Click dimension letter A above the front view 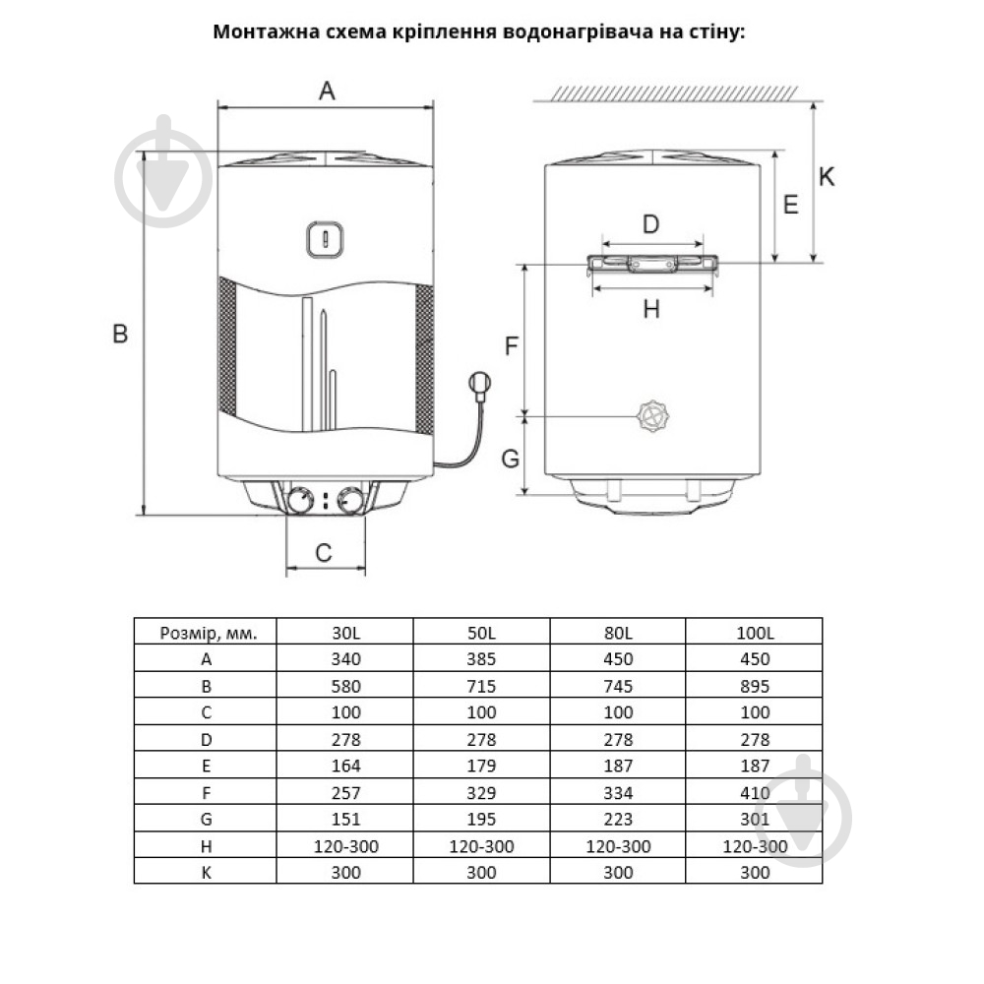click(x=327, y=92)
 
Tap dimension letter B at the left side click(x=120, y=335)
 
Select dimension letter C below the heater click(x=324, y=553)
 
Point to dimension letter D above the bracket click(x=650, y=224)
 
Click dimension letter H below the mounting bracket click(x=650, y=309)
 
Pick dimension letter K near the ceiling click(x=827, y=177)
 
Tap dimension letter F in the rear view click(x=512, y=346)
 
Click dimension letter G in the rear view click(x=511, y=459)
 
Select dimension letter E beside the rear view click(x=790, y=205)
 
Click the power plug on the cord click(x=479, y=383)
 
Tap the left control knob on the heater click(x=300, y=501)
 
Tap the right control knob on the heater click(x=350, y=501)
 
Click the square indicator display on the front click(x=325, y=237)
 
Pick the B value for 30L click(x=346, y=687)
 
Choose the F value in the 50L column click(x=482, y=792)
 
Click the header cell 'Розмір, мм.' click(x=208, y=633)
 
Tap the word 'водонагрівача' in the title click(x=566, y=31)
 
